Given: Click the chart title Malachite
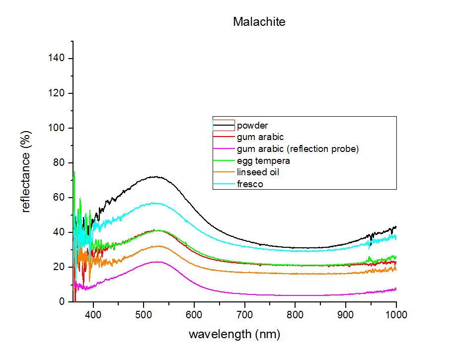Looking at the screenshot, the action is tap(259, 22).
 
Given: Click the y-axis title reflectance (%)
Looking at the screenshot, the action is tap(26, 172).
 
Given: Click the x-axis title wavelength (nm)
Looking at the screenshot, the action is tap(234, 334).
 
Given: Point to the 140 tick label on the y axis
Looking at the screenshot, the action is tap(56, 58).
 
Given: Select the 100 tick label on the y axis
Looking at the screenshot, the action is tap(56, 128).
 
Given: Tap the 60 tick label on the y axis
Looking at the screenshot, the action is tap(59, 197).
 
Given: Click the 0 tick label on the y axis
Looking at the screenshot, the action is tap(62, 301).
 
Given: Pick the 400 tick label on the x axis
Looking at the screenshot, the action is tap(93, 314).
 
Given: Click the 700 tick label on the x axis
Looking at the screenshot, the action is tap(244, 314).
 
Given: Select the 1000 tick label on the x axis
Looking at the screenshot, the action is tap(396, 314).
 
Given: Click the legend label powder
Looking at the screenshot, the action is tap(252, 126).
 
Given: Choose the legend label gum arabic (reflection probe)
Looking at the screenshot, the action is tap(298, 149).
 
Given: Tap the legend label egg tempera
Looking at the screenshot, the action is tap(263, 161).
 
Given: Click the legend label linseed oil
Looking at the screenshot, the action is tap(258, 172).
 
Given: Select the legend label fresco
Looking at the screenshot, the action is tap(250, 184).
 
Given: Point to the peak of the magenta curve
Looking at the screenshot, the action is tap(156, 262).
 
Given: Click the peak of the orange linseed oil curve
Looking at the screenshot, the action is tap(157, 246).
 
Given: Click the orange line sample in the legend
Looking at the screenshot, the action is tap(224, 172).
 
